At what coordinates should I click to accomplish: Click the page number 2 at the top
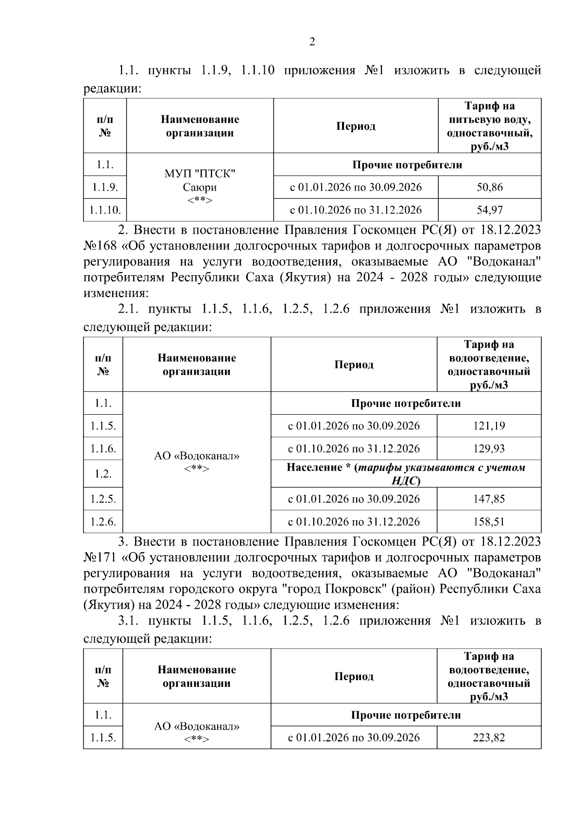coord(312,42)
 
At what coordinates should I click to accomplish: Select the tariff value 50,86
coord(489,187)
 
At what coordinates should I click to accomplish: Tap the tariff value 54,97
coord(489,210)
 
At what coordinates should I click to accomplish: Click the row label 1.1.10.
coord(105,210)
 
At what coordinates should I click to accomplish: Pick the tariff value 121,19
coord(489,426)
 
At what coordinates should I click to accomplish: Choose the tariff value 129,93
coord(489,449)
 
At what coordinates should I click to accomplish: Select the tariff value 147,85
coord(489,499)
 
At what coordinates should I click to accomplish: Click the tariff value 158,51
coord(489,522)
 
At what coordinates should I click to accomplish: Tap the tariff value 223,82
coord(489,737)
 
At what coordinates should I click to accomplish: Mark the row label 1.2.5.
coord(103,499)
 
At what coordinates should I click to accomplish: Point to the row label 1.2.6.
coord(103,522)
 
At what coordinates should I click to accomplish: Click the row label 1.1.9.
coord(105,187)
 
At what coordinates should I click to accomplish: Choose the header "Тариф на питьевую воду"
coord(489,113)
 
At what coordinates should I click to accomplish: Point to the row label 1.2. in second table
coord(103,474)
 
